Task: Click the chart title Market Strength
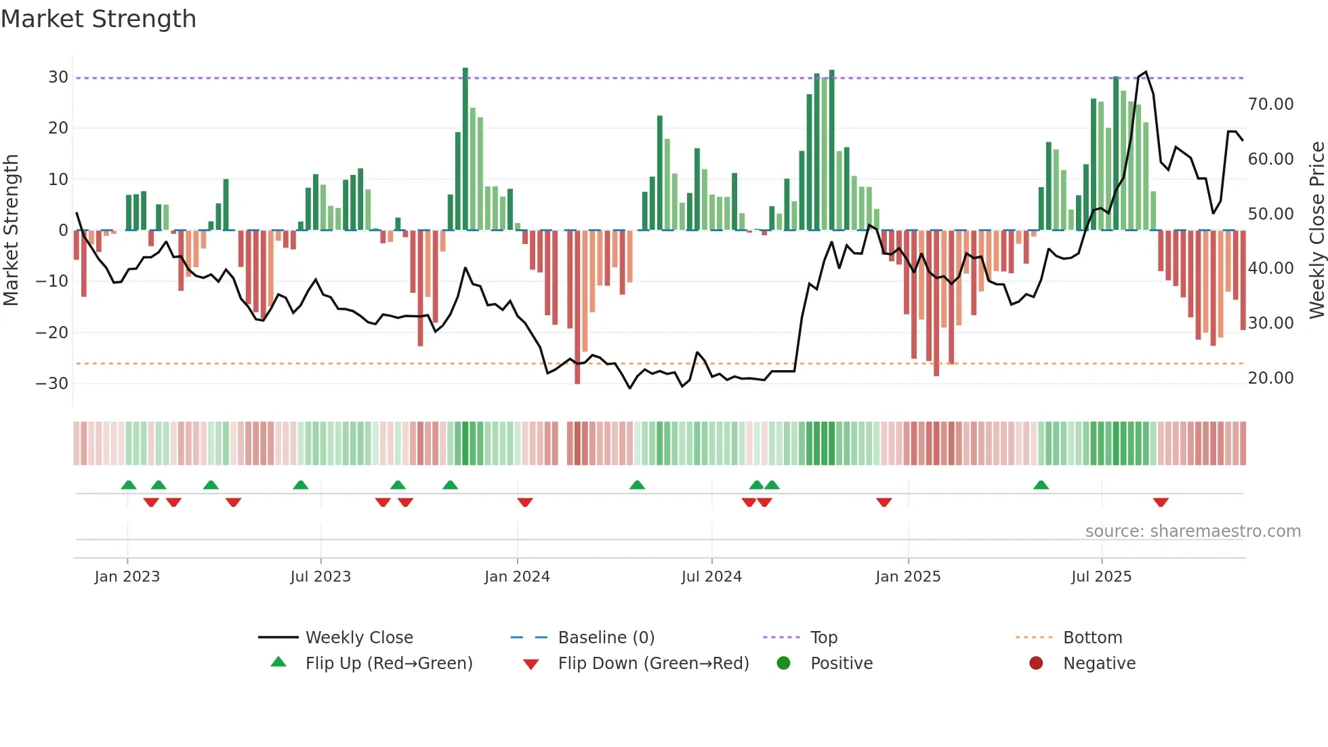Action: point(98,19)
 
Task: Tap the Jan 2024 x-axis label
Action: point(517,577)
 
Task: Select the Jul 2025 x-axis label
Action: point(1101,577)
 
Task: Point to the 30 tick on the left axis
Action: point(58,77)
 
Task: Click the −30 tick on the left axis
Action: point(53,384)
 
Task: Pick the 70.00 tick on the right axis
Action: point(1270,104)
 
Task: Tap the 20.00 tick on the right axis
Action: point(1270,378)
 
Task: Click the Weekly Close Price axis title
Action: point(1316,230)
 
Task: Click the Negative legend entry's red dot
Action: point(1036,663)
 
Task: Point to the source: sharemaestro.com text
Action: point(1192,531)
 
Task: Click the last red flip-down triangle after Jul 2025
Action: point(1161,502)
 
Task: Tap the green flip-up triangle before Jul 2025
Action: point(1041,485)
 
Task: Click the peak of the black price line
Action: point(1146,72)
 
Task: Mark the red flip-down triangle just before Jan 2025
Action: point(884,502)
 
